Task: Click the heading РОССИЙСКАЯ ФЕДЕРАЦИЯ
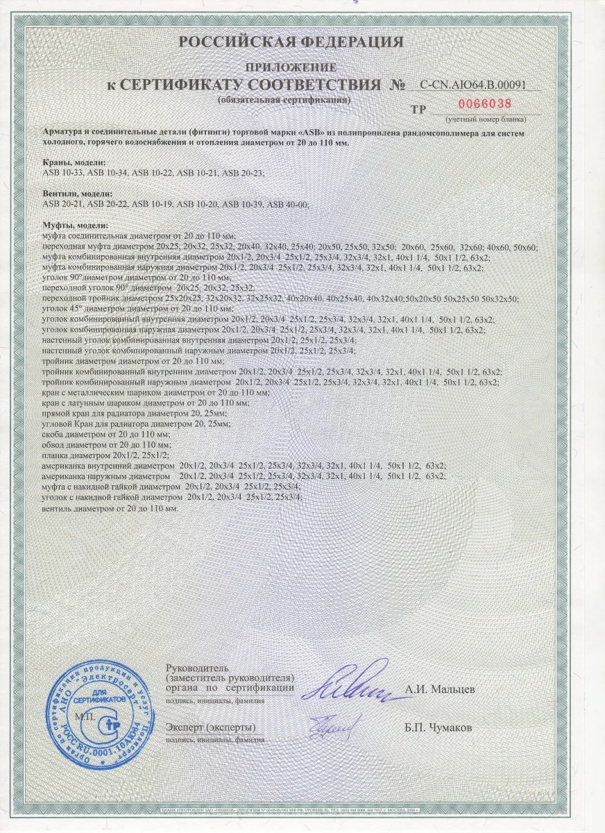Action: click(x=291, y=43)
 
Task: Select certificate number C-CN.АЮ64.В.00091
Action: click(x=481, y=85)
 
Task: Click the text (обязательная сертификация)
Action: click(x=284, y=100)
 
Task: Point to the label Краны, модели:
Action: click(x=74, y=162)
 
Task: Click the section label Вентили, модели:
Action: click(x=78, y=193)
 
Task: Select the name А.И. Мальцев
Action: click(x=450, y=691)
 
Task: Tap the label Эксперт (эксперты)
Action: click(x=210, y=727)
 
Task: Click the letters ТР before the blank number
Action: click(x=418, y=109)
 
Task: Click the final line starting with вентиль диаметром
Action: click(x=110, y=508)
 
